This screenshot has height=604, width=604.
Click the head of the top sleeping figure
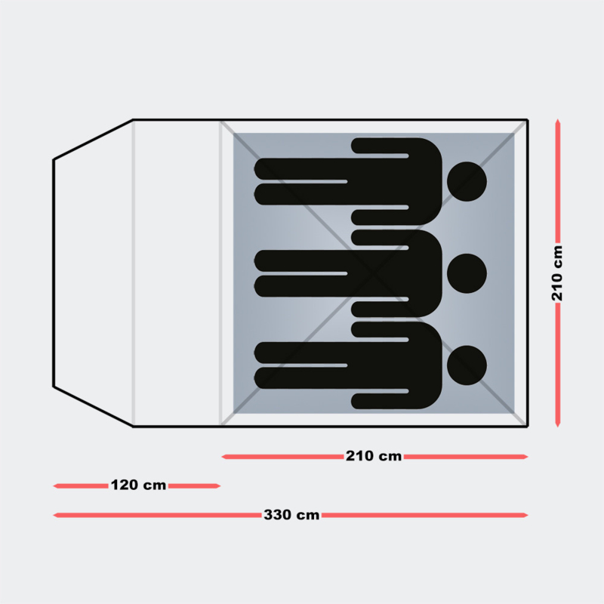coord(467,181)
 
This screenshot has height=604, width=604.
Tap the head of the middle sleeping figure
coord(467,273)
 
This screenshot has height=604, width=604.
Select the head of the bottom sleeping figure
coord(467,365)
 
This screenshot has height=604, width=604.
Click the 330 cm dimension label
coord(291,515)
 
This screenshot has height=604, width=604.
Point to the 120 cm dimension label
coord(139,485)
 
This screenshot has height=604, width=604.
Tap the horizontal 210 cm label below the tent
coord(374,456)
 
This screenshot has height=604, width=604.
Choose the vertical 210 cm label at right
coord(557,273)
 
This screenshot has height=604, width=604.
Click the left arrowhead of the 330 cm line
coord(54,515)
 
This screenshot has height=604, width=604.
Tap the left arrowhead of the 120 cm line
coord(54,486)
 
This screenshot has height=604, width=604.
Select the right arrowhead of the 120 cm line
coord(219,486)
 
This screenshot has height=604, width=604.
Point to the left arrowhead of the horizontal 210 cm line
coord(223,457)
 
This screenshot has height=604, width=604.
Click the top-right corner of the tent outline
coord(527,120)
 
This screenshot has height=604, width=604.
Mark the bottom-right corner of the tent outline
coord(527,427)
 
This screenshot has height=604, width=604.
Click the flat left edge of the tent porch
coord(54,273)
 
